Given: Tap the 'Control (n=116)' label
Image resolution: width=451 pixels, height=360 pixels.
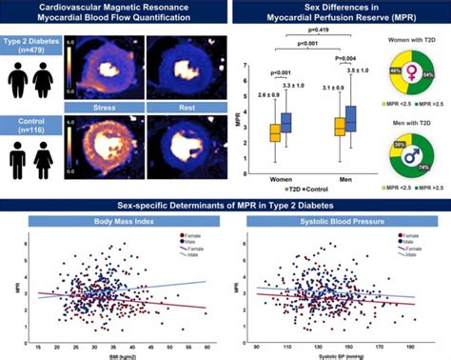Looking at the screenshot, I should coord(29,123).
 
